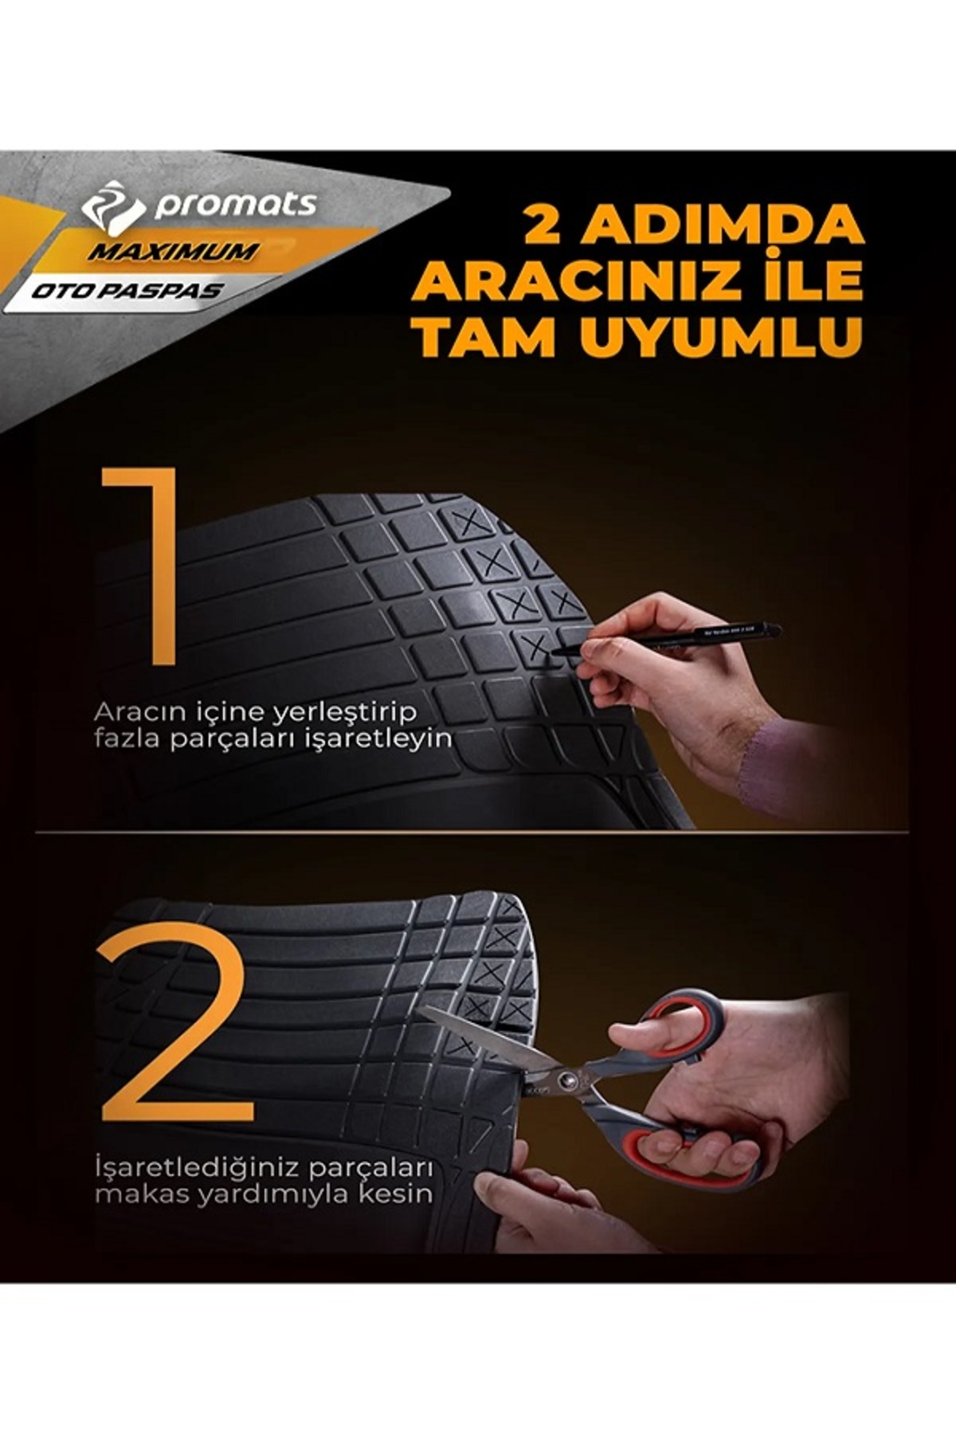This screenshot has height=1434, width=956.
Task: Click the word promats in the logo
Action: pyautogui.click(x=236, y=206)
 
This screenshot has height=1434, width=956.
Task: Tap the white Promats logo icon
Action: pyautogui.click(x=113, y=206)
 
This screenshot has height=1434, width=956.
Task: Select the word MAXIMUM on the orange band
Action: pyautogui.click(x=174, y=253)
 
